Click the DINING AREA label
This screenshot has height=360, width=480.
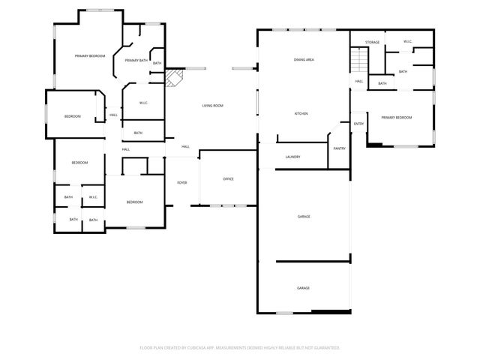(x=304, y=59)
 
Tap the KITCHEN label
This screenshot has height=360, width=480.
(x=301, y=113)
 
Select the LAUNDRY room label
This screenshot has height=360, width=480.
(x=292, y=157)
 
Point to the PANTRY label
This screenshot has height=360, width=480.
(x=339, y=148)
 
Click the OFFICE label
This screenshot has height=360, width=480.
(x=229, y=178)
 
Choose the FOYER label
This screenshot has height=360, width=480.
(x=181, y=182)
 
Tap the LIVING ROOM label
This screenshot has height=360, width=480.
(x=212, y=106)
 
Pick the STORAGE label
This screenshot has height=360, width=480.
(x=372, y=42)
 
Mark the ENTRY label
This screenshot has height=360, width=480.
(x=358, y=124)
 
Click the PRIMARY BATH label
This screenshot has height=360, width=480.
(x=136, y=60)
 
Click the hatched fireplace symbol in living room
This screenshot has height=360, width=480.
(x=174, y=76)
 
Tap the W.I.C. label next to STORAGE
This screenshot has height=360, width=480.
(x=408, y=41)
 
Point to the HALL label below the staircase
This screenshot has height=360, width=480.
(x=359, y=81)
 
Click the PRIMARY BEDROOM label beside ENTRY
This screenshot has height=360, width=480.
(x=396, y=118)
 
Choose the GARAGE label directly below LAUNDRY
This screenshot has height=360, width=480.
(x=304, y=216)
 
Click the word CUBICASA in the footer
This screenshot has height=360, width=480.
(x=207, y=347)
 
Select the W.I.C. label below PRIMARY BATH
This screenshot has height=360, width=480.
(x=143, y=103)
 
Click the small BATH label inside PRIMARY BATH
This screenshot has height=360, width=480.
(x=157, y=63)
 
